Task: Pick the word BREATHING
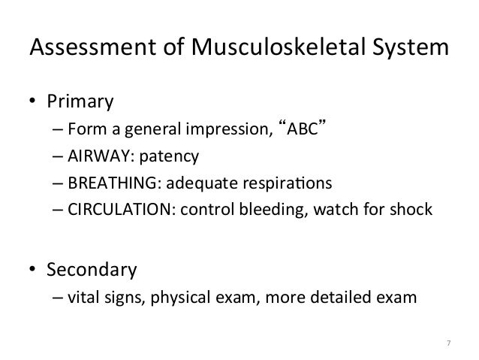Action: [113, 182]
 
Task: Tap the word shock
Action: [412, 209]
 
